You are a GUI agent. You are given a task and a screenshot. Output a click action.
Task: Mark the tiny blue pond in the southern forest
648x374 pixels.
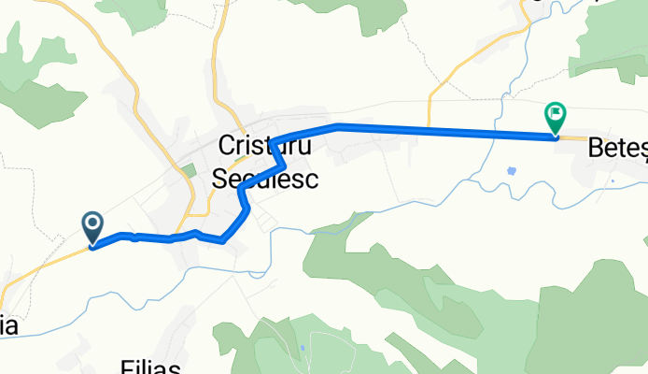(303, 352)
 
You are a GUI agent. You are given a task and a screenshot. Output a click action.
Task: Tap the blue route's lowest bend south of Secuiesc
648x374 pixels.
(224, 239)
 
